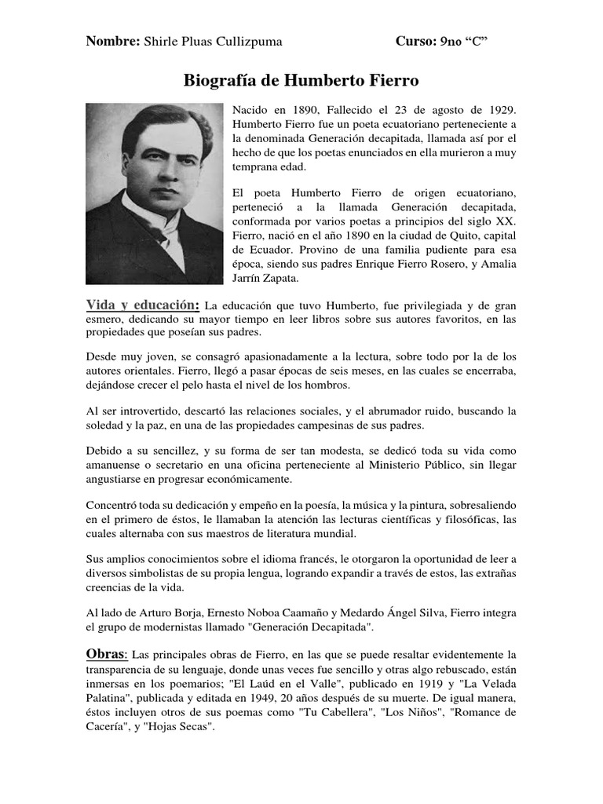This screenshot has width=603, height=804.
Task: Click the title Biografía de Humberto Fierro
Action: point(301,81)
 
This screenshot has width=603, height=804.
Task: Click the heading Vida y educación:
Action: point(144,305)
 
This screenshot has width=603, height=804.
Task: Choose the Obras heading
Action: point(106,653)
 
